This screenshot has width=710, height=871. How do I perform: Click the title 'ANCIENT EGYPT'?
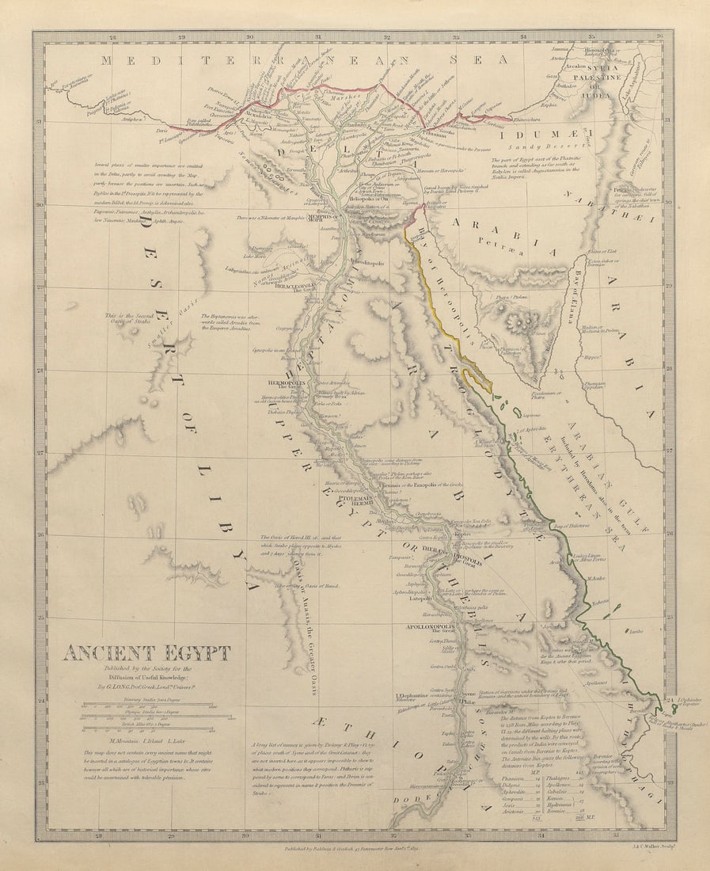(x=147, y=653)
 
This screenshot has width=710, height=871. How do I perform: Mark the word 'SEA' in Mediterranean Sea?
(x=478, y=59)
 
